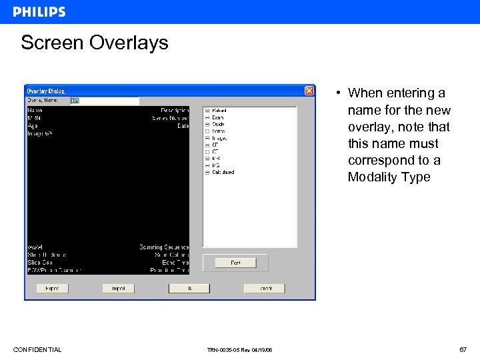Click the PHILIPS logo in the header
coord(39,12)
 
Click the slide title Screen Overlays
coord(94,43)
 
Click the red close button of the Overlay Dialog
coord(309,91)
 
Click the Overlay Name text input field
coord(105,101)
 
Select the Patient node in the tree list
coord(219,110)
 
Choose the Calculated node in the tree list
coord(223,173)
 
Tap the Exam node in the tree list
coord(218,117)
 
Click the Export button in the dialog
coord(52,289)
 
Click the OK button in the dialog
coord(189,289)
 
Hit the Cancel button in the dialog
coord(264,289)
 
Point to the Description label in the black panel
coord(175,110)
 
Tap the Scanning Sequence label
coord(164,247)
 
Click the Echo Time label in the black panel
coord(175,263)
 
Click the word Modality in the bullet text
coord(373,177)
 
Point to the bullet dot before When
coord(339,93)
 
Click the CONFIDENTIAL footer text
coord(37,350)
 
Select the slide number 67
coord(463,350)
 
